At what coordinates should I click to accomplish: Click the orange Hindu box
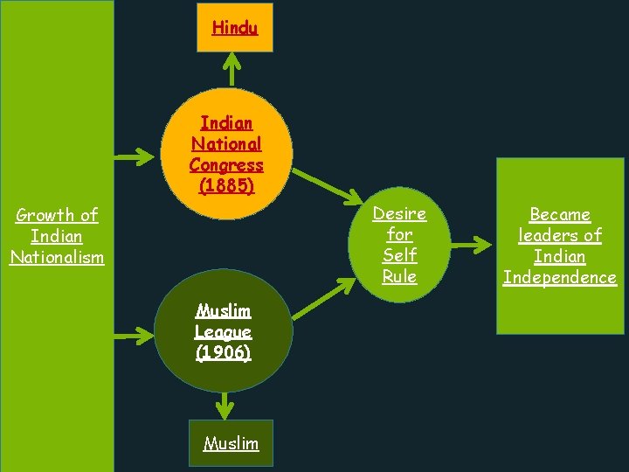pyautogui.click(x=234, y=27)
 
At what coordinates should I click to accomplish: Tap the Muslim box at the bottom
pyautogui.click(x=231, y=443)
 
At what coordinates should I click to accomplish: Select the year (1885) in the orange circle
pyautogui.click(x=226, y=186)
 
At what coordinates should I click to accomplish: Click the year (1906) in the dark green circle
pyautogui.click(x=224, y=352)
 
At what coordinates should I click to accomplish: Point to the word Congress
pyautogui.click(x=226, y=165)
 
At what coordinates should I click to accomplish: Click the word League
pyautogui.click(x=224, y=331)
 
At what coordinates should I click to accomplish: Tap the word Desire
pyautogui.click(x=399, y=213)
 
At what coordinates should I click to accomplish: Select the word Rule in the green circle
pyautogui.click(x=399, y=276)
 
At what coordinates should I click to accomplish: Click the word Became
pyautogui.click(x=559, y=214)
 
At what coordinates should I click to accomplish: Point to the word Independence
pyautogui.click(x=559, y=277)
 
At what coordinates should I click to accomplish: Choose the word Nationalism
pyautogui.click(x=57, y=257)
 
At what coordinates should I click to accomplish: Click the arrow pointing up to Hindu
pyautogui.click(x=232, y=70)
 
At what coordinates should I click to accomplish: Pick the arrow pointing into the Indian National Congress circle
pyautogui.click(x=136, y=157)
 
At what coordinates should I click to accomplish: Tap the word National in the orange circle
pyautogui.click(x=226, y=144)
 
